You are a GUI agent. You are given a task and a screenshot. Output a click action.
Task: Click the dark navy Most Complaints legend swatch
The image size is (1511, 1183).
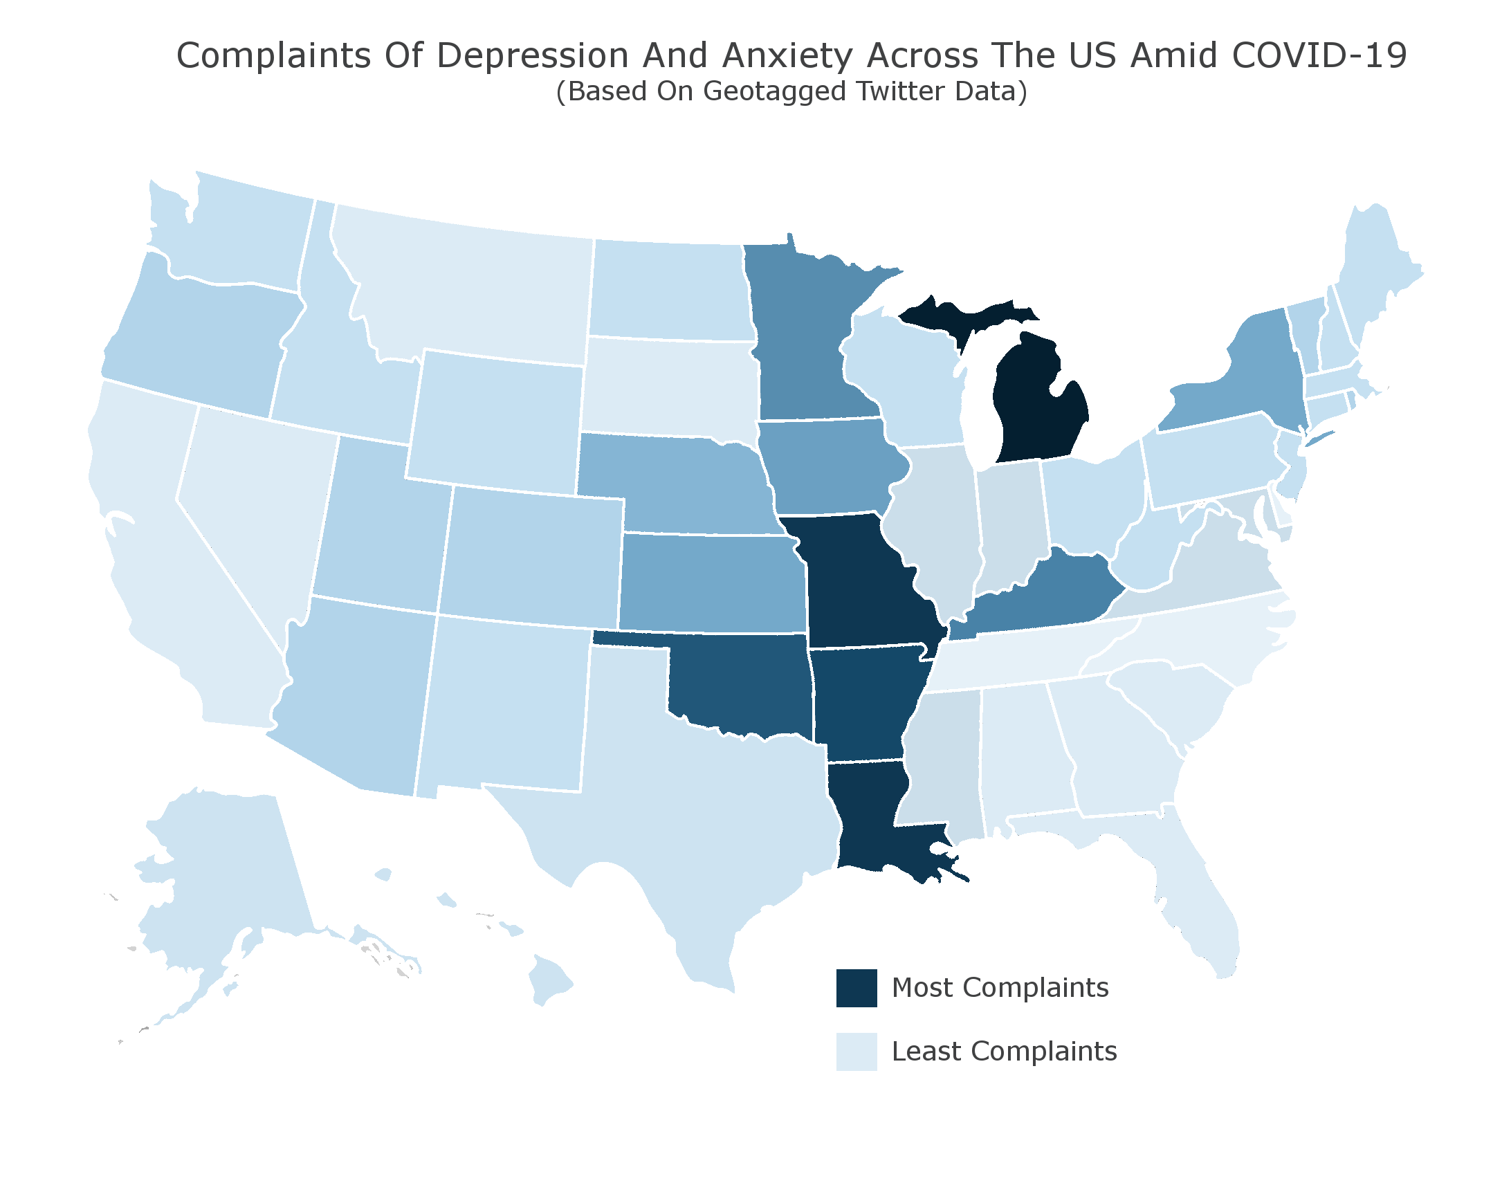click(x=857, y=988)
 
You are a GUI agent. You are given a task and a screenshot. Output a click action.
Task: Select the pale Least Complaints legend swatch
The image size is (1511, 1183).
click(x=857, y=1052)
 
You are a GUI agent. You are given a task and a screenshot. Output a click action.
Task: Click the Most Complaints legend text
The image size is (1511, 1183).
click(x=1000, y=988)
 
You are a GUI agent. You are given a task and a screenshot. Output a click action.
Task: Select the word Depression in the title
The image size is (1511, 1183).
click(x=533, y=55)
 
